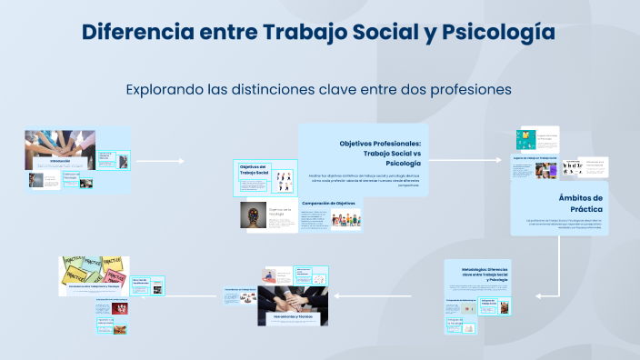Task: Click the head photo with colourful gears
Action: (254, 215)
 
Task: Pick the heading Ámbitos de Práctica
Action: (580, 203)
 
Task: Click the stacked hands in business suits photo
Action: (292, 299)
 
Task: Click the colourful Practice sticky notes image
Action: (88, 269)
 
